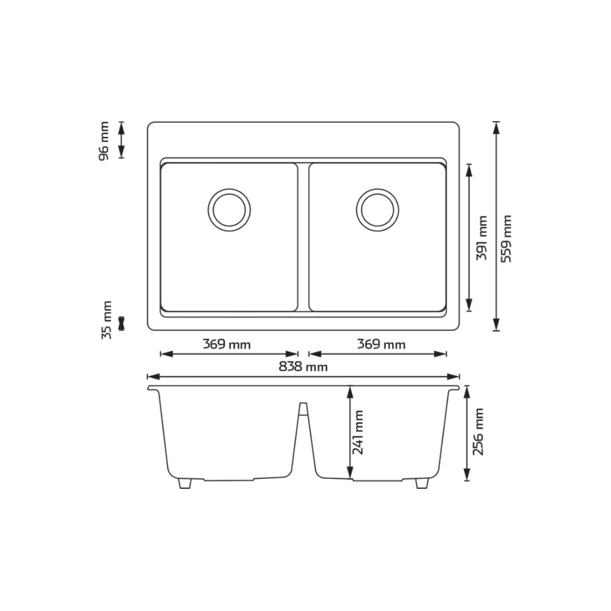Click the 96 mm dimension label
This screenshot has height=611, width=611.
[104, 141]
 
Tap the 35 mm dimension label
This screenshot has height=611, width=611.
[106, 320]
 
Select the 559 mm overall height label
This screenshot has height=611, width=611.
[506, 239]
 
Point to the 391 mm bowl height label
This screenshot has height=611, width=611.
[482, 238]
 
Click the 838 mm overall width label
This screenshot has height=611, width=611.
[303, 367]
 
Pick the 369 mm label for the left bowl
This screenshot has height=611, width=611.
[226, 344]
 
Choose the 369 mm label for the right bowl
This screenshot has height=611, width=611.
[381, 344]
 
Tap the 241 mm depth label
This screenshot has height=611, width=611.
[358, 432]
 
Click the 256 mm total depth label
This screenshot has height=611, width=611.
[477, 432]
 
